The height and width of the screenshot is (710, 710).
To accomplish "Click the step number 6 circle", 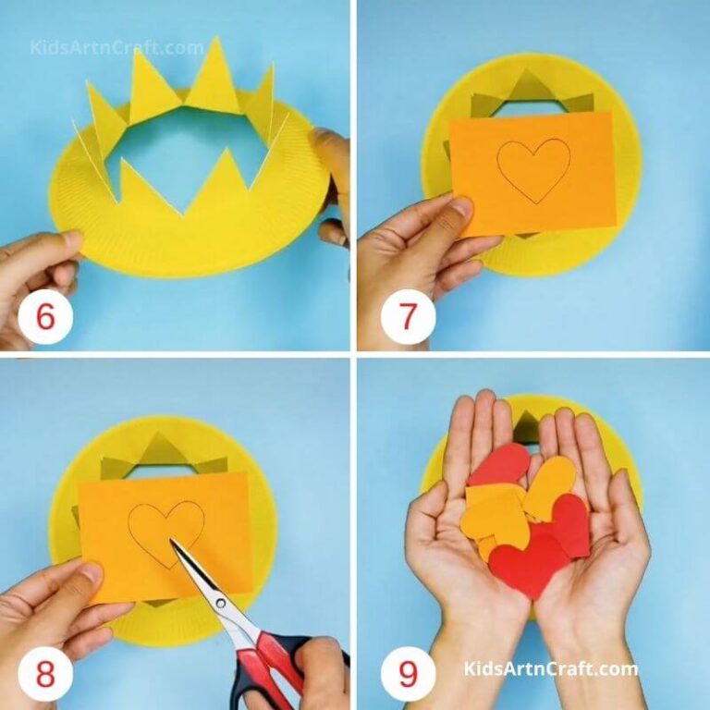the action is click(x=45, y=316).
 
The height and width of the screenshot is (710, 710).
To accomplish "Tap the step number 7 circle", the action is click(x=408, y=316).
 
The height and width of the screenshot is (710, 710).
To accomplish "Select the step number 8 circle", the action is click(x=45, y=674).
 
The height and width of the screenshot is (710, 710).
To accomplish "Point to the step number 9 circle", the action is click(x=408, y=674).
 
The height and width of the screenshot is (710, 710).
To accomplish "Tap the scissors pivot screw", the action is click(x=221, y=603).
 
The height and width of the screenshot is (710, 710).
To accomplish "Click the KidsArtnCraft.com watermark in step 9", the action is click(x=550, y=668).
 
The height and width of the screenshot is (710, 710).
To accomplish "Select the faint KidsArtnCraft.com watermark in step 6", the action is click(x=116, y=47).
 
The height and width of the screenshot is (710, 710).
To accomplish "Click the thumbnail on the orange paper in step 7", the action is click(x=461, y=206).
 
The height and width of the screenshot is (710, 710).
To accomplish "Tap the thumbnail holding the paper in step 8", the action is click(x=92, y=573).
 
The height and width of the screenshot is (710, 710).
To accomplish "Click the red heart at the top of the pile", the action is click(x=498, y=464).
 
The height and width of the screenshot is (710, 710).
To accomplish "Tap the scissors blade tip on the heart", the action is click(x=171, y=540).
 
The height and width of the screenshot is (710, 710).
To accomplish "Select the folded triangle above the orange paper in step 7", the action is click(x=527, y=85).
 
